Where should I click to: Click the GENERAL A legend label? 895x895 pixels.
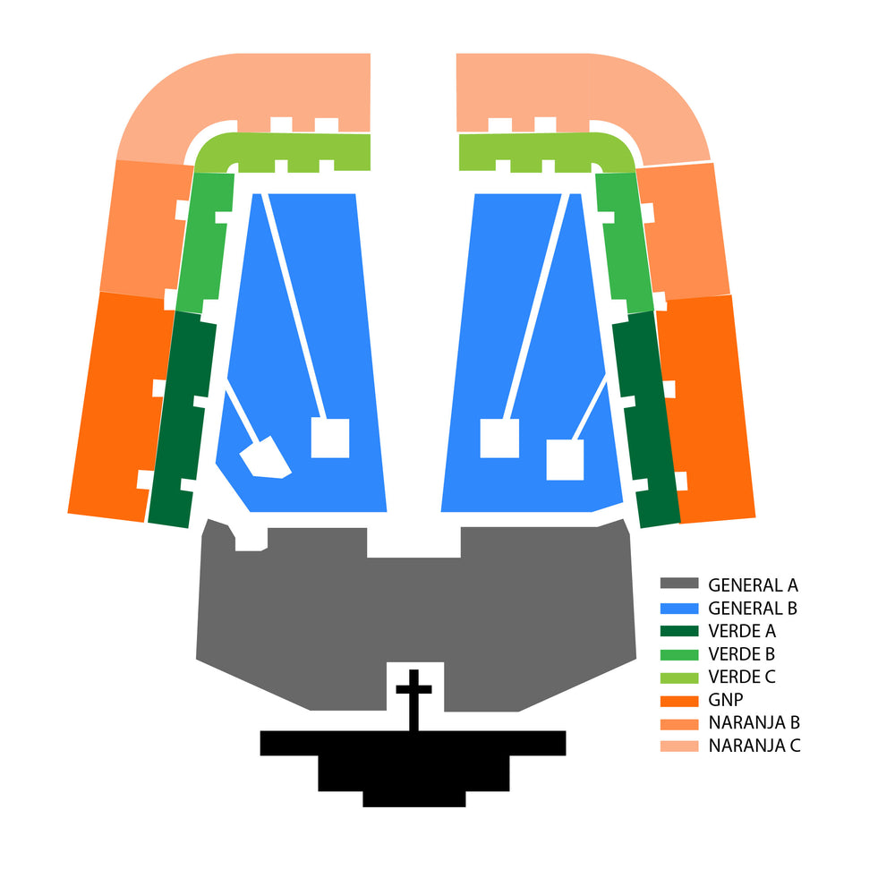pyautogui.click(x=753, y=585)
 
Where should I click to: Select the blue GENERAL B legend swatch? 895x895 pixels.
pyautogui.click(x=679, y=609)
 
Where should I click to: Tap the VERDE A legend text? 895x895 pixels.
pyautogui.click(x=742, y=631)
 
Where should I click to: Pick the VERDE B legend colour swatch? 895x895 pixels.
pyautogui.click(x=679, y=654)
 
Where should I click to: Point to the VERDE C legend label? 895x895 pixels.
pyautogui.click(x=742, y=677)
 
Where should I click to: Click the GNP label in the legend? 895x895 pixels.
pyautogui.click(x=726, y=699)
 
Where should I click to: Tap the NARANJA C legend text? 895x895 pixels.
pyautogui.click(x=754, y=746)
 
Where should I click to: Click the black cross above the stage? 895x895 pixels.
pyautogui.click(x=413, y=699)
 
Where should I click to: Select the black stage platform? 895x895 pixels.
pyautogui.click(x=413, y=768)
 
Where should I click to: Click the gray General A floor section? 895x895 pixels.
pyautogui.click(x=415, y=617)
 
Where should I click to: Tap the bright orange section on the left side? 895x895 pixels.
pyautogui.click(x=120, y=405)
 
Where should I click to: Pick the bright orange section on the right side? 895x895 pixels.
pyautogui.click(x=706, y=408)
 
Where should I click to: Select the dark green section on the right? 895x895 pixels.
pyautogui.click(x=645, y=420)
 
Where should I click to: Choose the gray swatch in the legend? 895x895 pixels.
pyautogui.click(x=679, y=584)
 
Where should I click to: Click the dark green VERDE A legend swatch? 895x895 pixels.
pyautogui.click(x=679, y=631)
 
